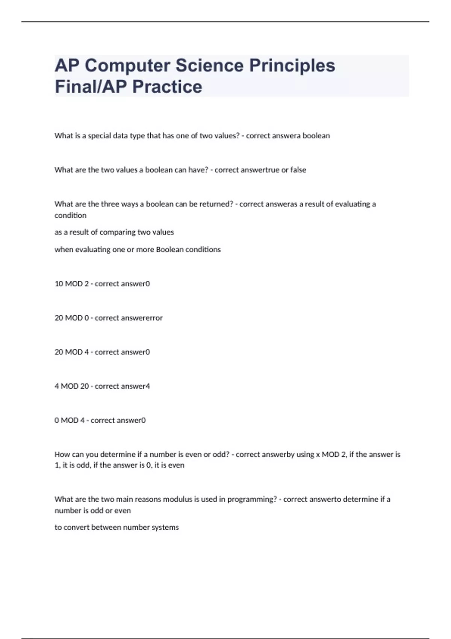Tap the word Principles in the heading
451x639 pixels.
click(292, 66)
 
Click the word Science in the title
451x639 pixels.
click(209, 66)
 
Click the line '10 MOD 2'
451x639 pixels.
click(72, 284)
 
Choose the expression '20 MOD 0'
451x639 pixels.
click(72, 318)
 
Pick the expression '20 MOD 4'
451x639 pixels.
click(72, 352)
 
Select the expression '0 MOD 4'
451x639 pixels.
click(70, 420)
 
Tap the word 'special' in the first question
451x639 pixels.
click(99, 136)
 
